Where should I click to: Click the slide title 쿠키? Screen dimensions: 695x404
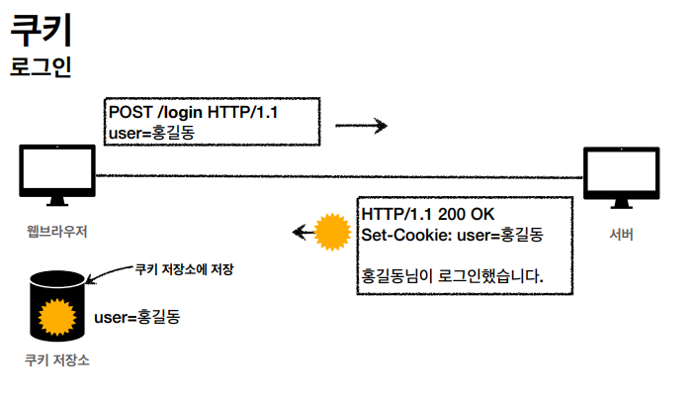click(x=41, y=31)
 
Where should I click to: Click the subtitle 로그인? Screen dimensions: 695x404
click(x=41, y=68)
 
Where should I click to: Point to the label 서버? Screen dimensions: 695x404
click(x=622, y=235)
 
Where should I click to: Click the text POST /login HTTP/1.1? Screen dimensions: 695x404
click(x=194, y=113)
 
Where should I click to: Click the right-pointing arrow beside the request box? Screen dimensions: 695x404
click(x=360, y=126)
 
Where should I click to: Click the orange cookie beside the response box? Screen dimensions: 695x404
click(x=331, y=233)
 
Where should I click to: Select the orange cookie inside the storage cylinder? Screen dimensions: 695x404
click(x=57, y=318)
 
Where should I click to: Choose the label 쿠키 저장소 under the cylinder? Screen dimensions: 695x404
click(x=56, y=360)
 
